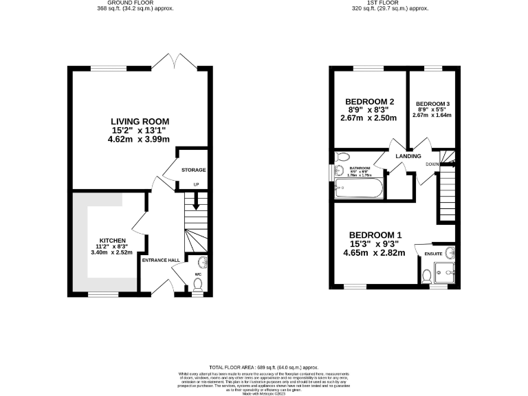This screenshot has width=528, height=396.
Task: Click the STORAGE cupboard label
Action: (x=193, y=169)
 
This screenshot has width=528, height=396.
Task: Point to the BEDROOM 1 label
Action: (x=375, y=235)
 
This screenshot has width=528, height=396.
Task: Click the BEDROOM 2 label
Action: (x=368, y=100)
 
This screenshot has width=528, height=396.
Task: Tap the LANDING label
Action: (x=408, y=156)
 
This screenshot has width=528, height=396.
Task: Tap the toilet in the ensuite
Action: (x=426, y=276)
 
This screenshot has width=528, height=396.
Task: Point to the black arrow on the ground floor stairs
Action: (x=195, y=202)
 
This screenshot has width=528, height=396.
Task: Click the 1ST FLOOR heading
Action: (x=393, y=3)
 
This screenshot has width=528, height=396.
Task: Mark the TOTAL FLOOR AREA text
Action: (x=263, y=367)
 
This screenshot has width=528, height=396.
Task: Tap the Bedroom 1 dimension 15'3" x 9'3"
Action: (x=375, y=244)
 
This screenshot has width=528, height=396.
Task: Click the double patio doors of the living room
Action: (x=175, y=60)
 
